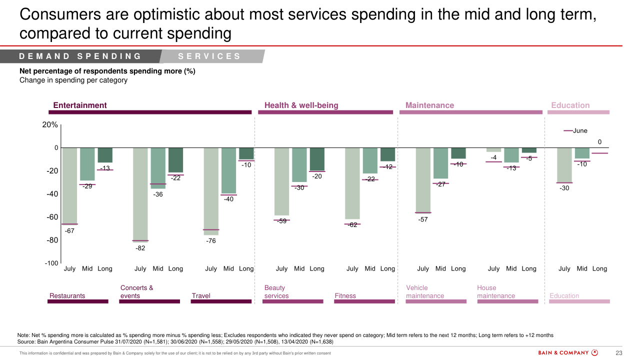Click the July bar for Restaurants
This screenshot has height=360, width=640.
pyautogui.click(x=70, y=185)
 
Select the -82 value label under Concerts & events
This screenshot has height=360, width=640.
pyautogui.click(x=140, y=248)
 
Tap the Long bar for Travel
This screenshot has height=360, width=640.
pyautogui.click(x=246, y=153)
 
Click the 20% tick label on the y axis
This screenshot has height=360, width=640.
pyautogui.click(x=50, y=125)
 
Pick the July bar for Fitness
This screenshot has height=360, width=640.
pyautogui.click(x=352, y=183)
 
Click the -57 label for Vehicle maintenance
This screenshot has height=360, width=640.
pyautogui.click(x=423, y=219)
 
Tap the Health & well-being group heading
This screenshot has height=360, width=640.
pyautogui.click(x=301, y=105)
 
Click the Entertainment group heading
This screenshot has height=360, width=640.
pyautogui.click(x=80, y=105)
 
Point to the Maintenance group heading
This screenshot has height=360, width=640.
pyautogui.click(x=429, y=105)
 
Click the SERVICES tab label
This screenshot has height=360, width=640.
pyautogui.click(x=209, y=56)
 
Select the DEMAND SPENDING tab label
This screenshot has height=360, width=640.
pyautogui.click(x=80, y=56)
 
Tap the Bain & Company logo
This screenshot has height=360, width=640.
pyautogui.click(x=568, y=353)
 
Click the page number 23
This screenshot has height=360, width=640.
pyautogui.click(x=618, y=353)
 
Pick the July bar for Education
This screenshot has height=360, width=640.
pyautogui.click(x=564, y=165)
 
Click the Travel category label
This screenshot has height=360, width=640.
pyautogui.click(x=201, y=295)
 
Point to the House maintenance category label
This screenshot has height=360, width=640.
pyautogui.click(x=495, y=292)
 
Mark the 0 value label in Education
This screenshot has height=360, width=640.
pyautogui.click(x=599, y=143)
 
